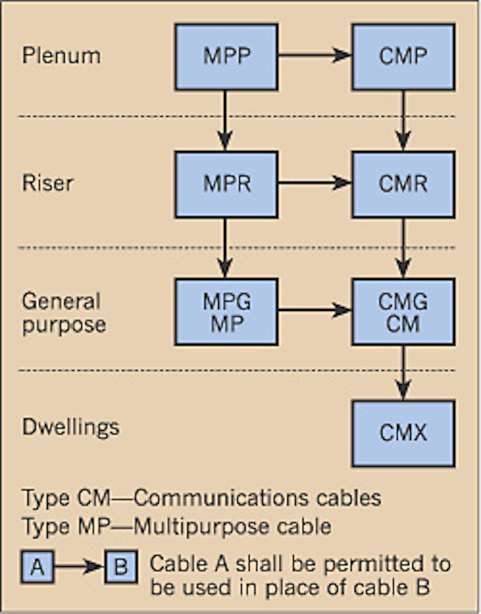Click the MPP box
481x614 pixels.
coord(226,57)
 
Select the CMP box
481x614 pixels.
coord(403,57)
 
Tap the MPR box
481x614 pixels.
coord(226,184)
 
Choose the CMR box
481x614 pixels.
coord(403,184)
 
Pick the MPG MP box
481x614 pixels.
coord(226,312)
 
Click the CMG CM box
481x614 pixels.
coord(403,312)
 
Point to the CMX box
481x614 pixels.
coord(403,433)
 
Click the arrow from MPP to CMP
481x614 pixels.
coord(315,55)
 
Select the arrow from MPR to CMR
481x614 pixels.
coord(315,183)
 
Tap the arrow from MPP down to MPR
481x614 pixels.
coord(225,120)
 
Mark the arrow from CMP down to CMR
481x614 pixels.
coord(403,120)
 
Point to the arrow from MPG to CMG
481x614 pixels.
coord(315,310)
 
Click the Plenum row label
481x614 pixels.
coord(61,55)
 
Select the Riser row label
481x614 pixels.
coord(47,183)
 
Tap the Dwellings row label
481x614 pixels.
coord(71,428)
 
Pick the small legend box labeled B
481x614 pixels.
coord(121,567)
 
